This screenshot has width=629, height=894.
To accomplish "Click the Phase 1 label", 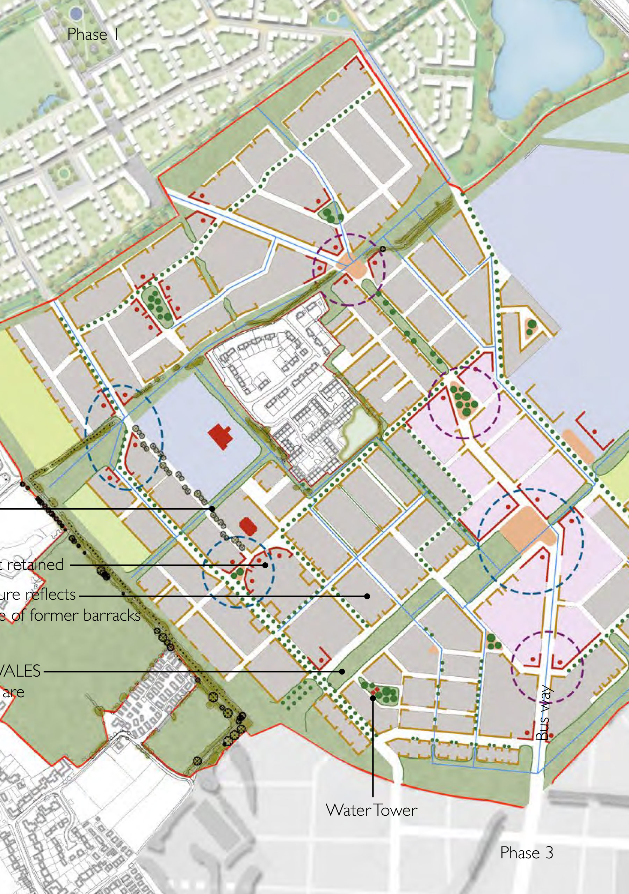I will pos(93,35).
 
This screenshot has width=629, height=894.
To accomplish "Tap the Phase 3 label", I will pos(526,852).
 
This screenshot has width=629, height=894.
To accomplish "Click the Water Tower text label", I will pos(371,810).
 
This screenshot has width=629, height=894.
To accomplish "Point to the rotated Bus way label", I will pos(544,713).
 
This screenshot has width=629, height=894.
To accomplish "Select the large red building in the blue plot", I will pos(220,437).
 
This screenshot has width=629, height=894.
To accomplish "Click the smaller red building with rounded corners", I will pos(248,526).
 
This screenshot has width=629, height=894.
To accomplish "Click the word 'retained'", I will pos(35,564).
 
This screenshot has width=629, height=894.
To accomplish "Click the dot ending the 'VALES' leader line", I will pos(342,671).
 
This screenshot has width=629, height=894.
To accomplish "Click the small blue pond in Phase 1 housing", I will pos(49,102).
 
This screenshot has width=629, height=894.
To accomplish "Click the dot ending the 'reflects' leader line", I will pos(367,596).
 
